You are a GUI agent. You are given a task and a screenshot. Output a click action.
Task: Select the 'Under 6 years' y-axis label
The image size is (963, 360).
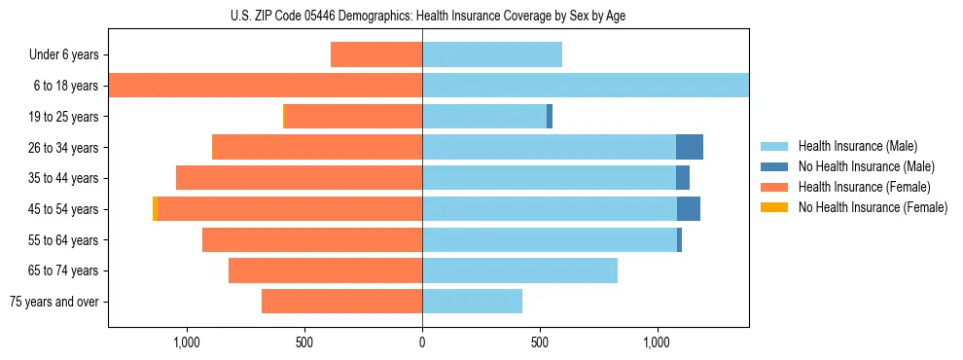63,55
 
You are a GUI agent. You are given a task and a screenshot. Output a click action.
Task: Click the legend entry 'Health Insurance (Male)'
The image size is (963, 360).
857,146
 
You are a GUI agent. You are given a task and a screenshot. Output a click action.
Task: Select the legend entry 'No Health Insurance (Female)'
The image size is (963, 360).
873,207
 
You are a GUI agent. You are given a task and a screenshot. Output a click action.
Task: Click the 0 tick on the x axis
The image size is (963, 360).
422,342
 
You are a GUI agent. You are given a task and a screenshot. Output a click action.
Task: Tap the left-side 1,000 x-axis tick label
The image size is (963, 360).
186,342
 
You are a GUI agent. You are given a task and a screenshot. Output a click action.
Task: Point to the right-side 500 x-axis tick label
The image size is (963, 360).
540,342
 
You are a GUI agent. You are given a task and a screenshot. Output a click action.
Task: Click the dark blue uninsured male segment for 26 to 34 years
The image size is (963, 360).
689,147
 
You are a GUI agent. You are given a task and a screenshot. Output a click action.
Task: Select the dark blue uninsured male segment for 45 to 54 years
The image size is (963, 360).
688,209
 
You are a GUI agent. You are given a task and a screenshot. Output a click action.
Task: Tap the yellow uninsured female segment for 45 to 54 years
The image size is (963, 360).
155,209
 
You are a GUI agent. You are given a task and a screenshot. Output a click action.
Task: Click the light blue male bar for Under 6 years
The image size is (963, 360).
491,55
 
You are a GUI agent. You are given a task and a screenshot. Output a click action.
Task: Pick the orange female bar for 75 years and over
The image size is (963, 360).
341,302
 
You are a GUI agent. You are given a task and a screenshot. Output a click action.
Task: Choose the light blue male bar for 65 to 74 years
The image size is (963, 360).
519,270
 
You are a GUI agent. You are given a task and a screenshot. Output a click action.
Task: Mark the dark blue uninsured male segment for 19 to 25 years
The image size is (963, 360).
550,117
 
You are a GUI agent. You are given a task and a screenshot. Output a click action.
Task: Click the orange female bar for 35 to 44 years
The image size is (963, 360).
299,178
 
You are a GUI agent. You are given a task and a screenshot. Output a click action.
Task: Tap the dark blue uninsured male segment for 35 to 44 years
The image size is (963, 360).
682,178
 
